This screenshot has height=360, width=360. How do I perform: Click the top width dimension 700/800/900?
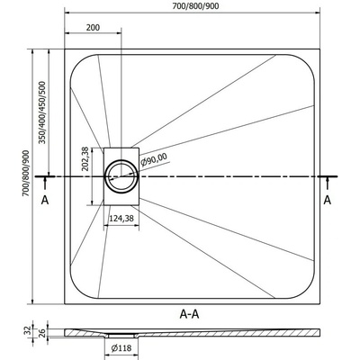[195, 6]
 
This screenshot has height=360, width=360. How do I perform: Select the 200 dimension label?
[93, 28]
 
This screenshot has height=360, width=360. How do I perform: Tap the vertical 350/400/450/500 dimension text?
[43, 112]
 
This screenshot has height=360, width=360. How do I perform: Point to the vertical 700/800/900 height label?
[26, 174]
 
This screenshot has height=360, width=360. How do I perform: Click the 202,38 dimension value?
[85, 158]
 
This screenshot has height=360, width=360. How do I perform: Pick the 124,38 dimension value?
[121, 219]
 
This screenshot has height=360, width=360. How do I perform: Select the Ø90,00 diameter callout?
[155, 159]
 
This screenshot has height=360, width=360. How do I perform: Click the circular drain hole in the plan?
[121, 176]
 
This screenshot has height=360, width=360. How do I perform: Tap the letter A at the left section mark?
[45, 200]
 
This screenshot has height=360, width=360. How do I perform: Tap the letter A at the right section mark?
[328, 200]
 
